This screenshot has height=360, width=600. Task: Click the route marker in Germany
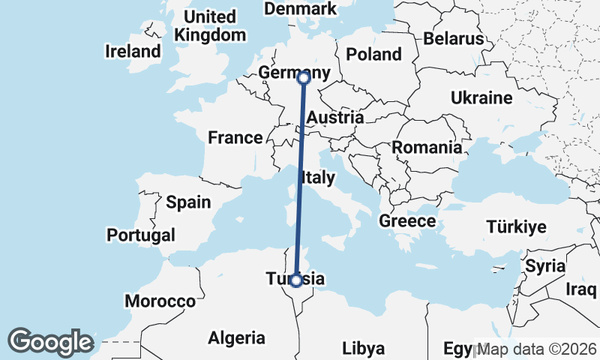(x=304, y=77)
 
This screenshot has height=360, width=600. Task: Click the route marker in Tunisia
(x=296, y=280)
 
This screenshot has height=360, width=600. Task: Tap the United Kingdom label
(x=210, y=25)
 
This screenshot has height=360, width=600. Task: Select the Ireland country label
(x=133, y=52)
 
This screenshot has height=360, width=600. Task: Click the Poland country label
(x=374, y=54)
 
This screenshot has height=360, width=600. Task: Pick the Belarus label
(x=453, y=38)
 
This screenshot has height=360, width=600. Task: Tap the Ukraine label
(x=481, y=97)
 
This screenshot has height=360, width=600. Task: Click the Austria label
(x=335, y=118)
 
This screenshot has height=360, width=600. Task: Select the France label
(x=235, y=137)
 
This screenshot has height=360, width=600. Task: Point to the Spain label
(x=188, y=202)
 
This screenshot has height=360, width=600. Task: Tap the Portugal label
(x=141, y=235)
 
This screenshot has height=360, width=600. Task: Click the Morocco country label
(x=160, y=301)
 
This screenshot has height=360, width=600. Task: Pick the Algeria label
(x=236, y=337)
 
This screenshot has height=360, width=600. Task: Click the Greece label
(x=407, y=221)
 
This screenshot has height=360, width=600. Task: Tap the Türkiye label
(x=517, y=226)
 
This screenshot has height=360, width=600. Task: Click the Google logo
(x=51, y=341)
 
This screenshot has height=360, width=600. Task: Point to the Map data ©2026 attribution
(x=536, y=349)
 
